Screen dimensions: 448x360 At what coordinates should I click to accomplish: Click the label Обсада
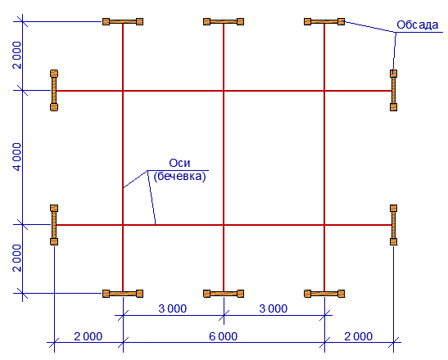417,25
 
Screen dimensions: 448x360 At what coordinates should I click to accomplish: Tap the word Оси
179,163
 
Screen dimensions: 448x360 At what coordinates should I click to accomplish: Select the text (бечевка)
179,177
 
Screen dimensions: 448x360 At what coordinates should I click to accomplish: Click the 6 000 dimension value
223,336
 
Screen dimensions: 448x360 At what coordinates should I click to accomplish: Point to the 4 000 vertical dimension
17,157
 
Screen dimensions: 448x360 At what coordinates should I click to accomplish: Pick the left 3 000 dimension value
173,308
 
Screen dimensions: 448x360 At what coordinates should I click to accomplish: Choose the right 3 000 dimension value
274,308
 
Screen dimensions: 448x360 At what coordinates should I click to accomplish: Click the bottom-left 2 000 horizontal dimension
88,336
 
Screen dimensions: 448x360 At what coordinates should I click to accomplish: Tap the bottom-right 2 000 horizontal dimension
358,336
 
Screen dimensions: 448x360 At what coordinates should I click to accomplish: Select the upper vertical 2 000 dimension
17,55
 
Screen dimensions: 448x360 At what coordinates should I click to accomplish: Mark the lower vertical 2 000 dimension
17,258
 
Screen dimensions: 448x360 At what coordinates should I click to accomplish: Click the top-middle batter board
224,22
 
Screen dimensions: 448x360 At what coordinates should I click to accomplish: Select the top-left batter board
123,22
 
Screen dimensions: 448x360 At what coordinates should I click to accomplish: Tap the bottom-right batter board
324,294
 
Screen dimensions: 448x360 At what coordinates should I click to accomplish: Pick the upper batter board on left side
54,90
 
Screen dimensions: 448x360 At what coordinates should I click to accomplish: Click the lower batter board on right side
393,225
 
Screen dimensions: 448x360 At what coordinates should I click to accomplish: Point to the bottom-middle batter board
224,294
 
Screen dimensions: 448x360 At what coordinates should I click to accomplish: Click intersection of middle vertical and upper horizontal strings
224,91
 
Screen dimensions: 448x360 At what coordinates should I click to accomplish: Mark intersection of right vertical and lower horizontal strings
324,225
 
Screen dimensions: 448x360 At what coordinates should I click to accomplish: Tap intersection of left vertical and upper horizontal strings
123,91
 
